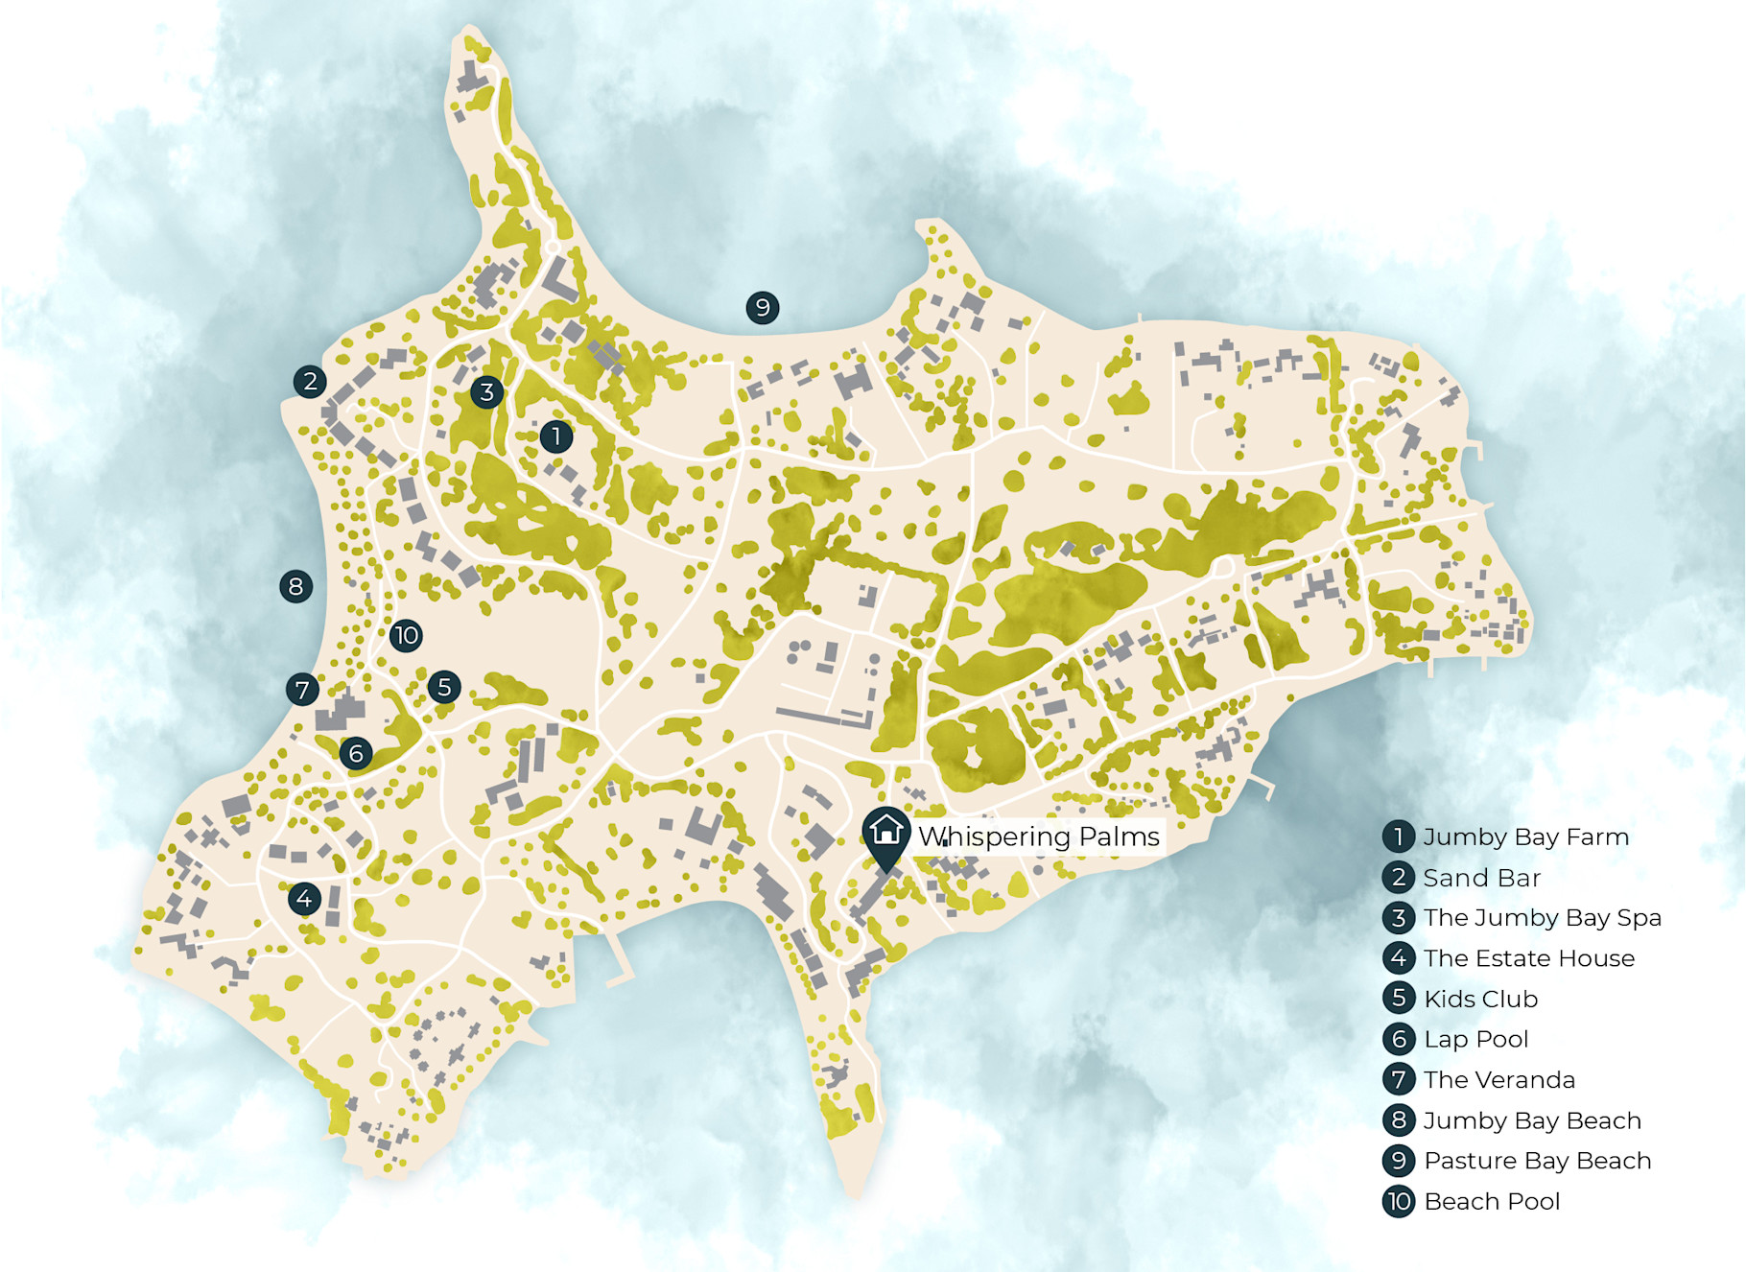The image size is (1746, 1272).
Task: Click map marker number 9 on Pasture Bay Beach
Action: [x=763, y=308]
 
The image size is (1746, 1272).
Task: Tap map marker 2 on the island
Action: [x=310, y=382]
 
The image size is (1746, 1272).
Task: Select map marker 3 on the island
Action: [x=487, y=391]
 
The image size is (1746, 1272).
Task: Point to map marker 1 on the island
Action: [x=556, y=436]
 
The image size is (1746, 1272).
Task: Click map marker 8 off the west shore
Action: [x=295, y=586]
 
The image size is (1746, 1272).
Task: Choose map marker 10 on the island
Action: [x=406, y=635]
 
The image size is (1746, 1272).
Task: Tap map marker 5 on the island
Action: [x=444, y=687]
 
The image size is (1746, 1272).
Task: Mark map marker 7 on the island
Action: [x=302, y=689]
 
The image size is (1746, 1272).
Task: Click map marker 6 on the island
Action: [x=356, y=753]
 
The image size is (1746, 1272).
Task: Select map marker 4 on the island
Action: [x=304, y=899]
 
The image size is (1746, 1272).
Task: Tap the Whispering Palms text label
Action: [x=1039, y=836]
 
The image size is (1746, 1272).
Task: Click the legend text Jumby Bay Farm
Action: [x=1525, y=836]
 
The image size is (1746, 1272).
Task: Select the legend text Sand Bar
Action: [x=1481, y=878]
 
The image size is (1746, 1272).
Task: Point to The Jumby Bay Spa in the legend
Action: [x=1542, y=918]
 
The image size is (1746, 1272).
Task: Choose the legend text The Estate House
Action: [x=1529, y=958]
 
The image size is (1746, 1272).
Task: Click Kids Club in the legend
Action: [x=1480, y=999]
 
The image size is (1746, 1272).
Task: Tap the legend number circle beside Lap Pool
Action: [x=1399, y=1039]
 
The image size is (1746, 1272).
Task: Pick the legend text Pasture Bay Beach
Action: [x=1537, y=1161]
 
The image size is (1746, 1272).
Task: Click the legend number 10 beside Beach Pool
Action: [x=1399, y=1201]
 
